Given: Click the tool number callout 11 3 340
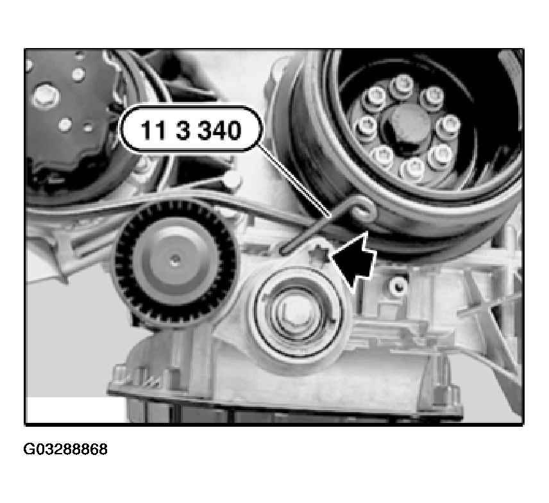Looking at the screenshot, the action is (x=191, y=129).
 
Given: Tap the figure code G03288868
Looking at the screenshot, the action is (x=65, y=449).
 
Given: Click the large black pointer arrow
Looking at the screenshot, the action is (x=353, y=260).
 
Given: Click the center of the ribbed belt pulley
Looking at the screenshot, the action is (x=174, y=260).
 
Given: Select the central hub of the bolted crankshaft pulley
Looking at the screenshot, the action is (x=406, y=124).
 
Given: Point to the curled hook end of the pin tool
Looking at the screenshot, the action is (x=365, y=209).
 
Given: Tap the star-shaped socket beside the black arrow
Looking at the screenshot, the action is (x=319, y=254).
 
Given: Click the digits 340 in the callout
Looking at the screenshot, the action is (x=219, y=130).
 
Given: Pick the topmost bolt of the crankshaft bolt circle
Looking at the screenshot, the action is (x=402, y=85).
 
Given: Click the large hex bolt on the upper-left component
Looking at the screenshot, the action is (x=46, y=95).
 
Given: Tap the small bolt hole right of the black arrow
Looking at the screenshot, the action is (x=398, y=286).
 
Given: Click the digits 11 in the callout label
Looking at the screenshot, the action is (x=153, y=130).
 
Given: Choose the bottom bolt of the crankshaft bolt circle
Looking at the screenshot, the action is (x=412, y=170).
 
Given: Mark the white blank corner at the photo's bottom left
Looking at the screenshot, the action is (x=75, y=409).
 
